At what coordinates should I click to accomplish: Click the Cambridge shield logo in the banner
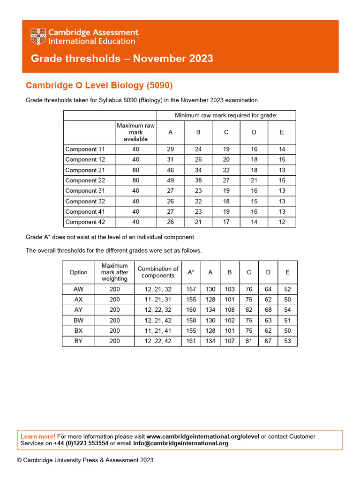click(x=38, y=37)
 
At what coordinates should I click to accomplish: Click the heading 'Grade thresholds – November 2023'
click(x=122, y=59)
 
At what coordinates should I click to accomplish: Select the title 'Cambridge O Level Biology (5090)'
click(x=99, y=85)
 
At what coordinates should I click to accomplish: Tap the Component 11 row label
click(x=85, y=150)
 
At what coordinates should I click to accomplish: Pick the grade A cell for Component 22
click(x=171, y=180)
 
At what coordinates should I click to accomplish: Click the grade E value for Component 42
click(x=282, y=222)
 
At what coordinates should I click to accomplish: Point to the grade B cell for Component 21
click(x=198, y=170)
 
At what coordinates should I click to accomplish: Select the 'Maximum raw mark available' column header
click(x=135, y=132)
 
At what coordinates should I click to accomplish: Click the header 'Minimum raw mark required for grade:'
click(x=226, y=115)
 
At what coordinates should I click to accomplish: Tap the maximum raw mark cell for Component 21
click(x=135, y=170)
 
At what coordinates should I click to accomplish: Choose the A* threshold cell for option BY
click(x=191, y=341)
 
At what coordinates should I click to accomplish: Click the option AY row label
click(x=78, y=310)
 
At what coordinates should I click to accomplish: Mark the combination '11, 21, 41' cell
click(x=157, y=330)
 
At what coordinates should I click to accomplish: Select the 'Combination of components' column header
click(x=157, y=272)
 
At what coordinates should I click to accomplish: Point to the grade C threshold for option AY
click(x=249, y=310)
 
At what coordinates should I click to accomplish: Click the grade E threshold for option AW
click(x=287, y=289)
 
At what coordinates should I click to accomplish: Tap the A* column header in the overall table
click(x=191, y=272)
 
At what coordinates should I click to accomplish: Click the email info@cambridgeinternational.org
click(x=181, y=443)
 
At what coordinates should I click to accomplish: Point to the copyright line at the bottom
click(x=85, y=460)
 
